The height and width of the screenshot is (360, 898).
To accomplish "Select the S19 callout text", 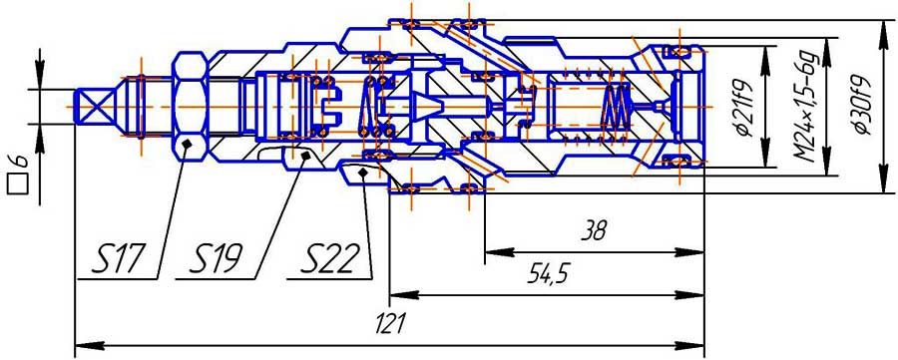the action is [x=217, y=260].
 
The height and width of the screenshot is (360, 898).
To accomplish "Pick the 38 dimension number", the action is [x=594, y=231].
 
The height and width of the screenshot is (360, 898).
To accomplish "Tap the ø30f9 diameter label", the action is [x=862, y=105].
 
